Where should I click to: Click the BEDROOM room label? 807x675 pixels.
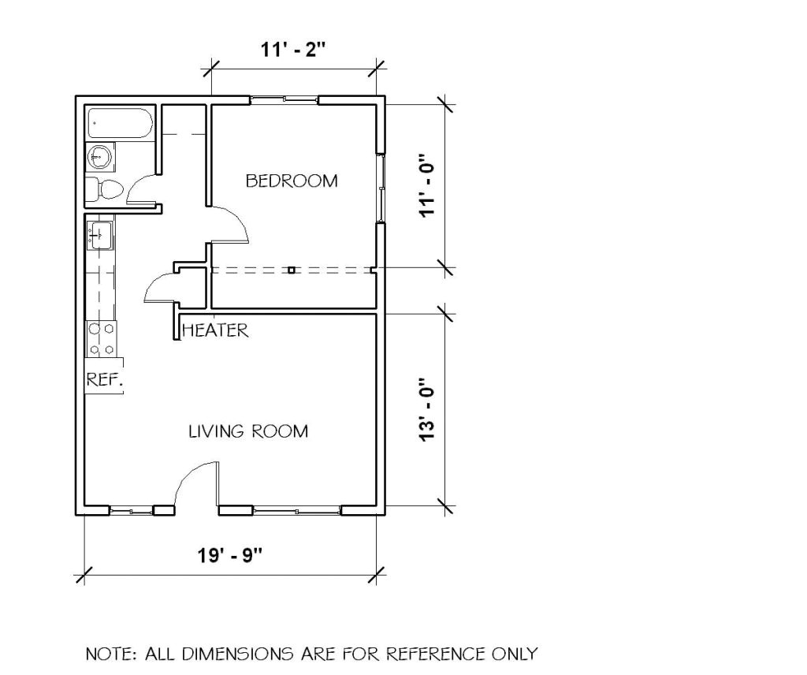tap(292, 181)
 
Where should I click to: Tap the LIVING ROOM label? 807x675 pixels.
tap(248, 431)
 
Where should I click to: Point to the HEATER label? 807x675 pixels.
tap(215, 330)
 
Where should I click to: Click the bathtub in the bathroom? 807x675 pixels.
tap(120, 122)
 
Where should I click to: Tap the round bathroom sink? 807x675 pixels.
tap(99, 156)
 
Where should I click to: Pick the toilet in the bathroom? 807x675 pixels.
tap(105, 189)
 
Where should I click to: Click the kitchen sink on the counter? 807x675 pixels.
tap(100, 235)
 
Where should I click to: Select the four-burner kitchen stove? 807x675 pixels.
tap(101, 338)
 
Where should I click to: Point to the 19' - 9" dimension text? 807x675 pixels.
tap(230, 556)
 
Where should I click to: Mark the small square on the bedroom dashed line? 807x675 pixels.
tap(292, 270)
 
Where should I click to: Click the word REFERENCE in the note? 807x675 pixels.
tap(436, 654)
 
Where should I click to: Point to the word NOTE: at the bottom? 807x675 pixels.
tap(111, 654)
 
